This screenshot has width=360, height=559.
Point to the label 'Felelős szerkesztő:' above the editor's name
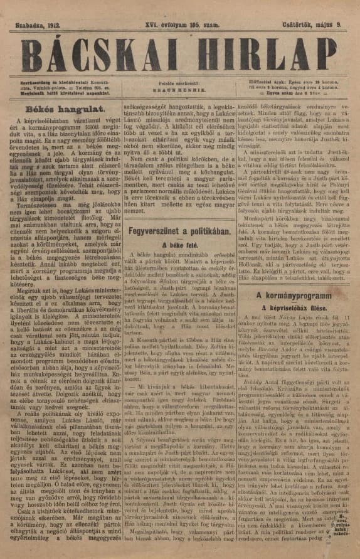[180, 82]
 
